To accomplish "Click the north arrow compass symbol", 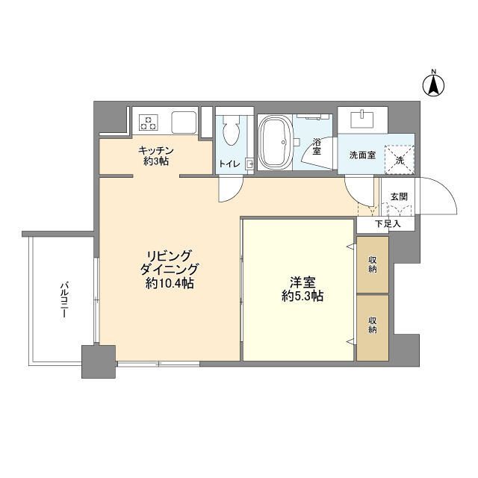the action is (x=433, y=84).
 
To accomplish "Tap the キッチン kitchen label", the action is (x=156, y=150).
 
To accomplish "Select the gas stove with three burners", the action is (x=149, y=122).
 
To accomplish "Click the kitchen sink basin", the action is (x=184, y=122).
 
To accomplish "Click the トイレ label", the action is (x=229, y=164).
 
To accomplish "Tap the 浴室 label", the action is (x=317, y=146).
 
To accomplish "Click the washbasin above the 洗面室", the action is (x=362, y=119).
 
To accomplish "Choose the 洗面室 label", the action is (x=362, y=155).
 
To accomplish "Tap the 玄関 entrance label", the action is (x=399, y=196).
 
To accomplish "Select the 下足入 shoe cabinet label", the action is (x=388, y=224).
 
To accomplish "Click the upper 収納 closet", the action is (x=373, y=264).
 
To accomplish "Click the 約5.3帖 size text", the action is (x=302, y=296).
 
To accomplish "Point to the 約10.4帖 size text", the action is (x=170, y=284).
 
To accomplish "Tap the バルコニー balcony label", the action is (x=64, y=299).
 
